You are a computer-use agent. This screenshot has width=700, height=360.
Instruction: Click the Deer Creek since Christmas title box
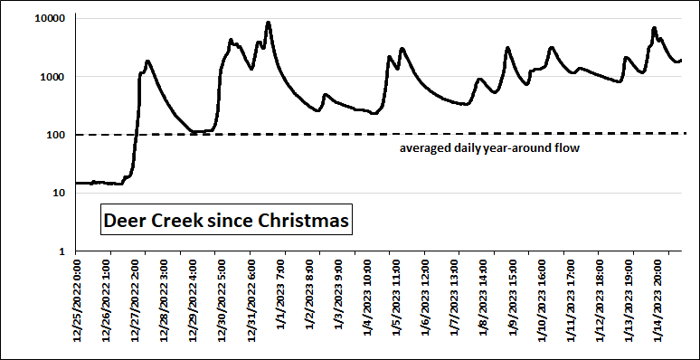[x=225, y=220]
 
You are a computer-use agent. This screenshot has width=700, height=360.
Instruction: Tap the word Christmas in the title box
[x=305, y=220]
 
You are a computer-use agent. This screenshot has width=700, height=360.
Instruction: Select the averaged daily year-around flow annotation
[x=489, y=147]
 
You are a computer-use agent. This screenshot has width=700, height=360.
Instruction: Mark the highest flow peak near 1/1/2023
[x=268, y=23]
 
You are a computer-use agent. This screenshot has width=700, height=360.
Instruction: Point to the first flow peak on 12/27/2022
[x=147, y=62]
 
